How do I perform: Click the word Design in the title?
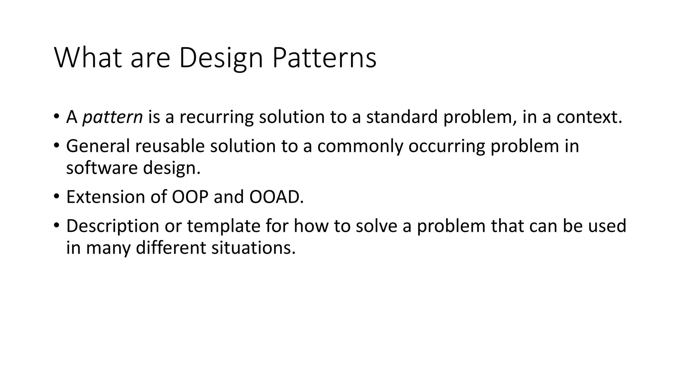tap(221, 58)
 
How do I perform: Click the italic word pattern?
tap(113, 117)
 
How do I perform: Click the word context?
tap(589, 117)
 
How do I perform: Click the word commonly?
tap(360, 146)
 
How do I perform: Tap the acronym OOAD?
tap(276, 197)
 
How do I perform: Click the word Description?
tap(113, 226)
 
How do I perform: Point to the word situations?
tap(253, 248)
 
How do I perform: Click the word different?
tap(171, 248)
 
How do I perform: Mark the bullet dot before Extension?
tap(56, 196)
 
